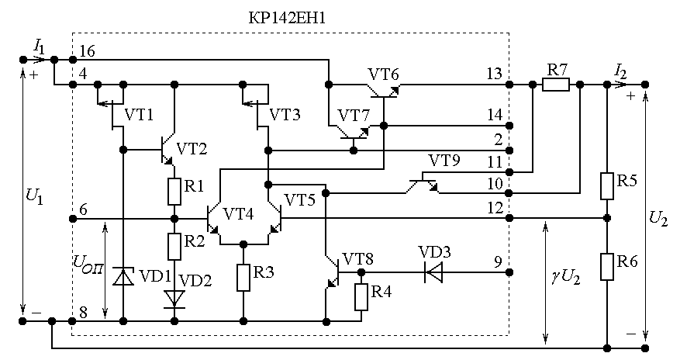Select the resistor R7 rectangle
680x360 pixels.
pyautogui.click(x=556, y=85)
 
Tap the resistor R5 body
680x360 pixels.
pyautogui.click(x=607, y=186)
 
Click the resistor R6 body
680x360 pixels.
pyautogui.click(x=607, y=267)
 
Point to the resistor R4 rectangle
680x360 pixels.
pyautogui.click(x=361, y=297)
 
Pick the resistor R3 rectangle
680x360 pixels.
pyautogui.click(x=243, y=277)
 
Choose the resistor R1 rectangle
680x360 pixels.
pyautogui.click(x=174, y=192)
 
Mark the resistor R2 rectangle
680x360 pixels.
pyautogui.click(x=174, y=246)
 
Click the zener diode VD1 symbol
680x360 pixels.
pyautogui.click(x=123, y=277)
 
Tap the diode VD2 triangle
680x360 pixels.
pyautogui.click(x=174, y=299)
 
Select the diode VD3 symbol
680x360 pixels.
pyautogui.click(x=433, y=272)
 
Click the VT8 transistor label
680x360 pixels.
pyautogui.click(x=357, y=259)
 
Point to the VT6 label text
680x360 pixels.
pyautogui.click(x=383, y=74)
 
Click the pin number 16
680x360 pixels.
pyautogui.click(x=87, y=51)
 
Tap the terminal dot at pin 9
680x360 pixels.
pyautogui.click(x=509, y=272)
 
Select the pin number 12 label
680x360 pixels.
pyautogui.click(x=495, y=208)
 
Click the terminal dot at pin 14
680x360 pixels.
pyautogui.click(x=509, y=126)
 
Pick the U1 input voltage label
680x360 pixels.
pyautogui.click(x=35, y=196)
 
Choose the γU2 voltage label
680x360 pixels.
pyautogui.click(x=566, y=277)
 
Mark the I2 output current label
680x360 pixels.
pyautogui.click(x=620, y=71)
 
